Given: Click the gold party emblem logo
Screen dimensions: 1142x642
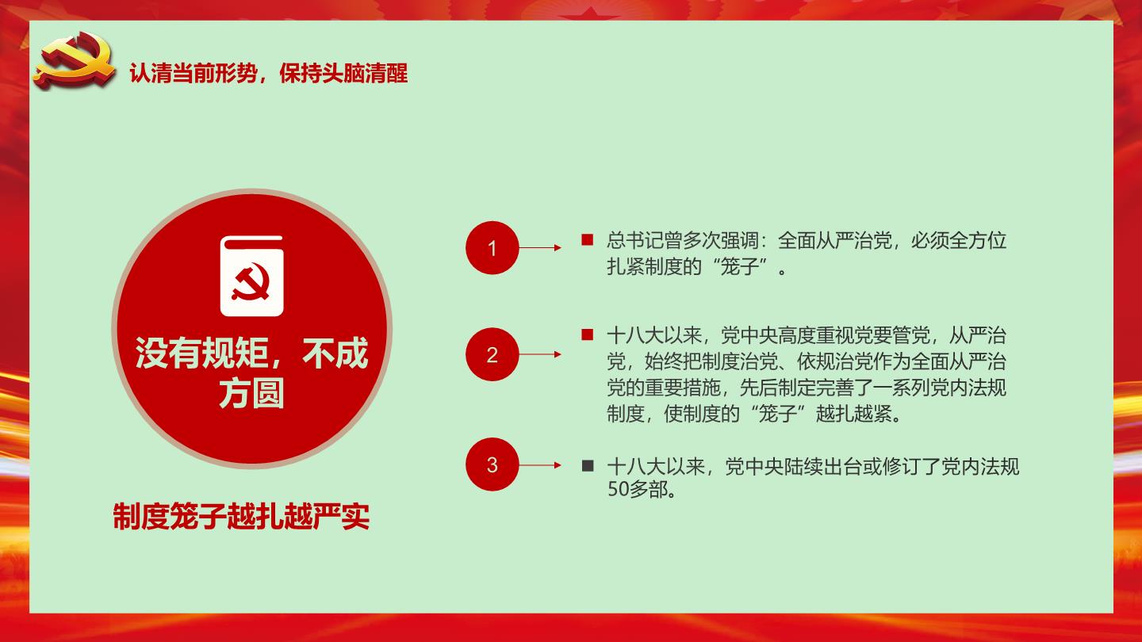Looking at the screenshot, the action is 75,60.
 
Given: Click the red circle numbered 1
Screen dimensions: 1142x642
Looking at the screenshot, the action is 492,248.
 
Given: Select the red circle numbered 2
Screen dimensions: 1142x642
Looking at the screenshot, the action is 492,354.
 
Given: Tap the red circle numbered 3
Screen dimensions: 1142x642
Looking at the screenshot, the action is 492,464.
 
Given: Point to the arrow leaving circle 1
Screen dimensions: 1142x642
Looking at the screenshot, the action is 540,248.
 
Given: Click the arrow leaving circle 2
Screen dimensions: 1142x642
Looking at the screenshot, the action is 540,354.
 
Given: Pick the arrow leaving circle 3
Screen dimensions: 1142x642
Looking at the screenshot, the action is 540,465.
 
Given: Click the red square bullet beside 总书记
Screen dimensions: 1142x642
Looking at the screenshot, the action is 588,239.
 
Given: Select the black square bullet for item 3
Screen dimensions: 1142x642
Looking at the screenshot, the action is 588,466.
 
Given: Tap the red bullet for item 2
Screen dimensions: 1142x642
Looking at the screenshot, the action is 588,334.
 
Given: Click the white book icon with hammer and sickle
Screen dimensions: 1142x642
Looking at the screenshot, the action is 252,276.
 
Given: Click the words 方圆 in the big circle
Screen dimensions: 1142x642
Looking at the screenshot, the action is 251,393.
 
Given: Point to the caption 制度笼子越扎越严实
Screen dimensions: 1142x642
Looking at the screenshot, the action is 241,516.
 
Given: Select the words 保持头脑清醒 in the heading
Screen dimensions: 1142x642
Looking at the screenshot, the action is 343,73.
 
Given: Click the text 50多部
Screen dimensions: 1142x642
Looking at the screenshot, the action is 638,490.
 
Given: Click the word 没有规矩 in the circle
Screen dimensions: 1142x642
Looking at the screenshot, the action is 201,353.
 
